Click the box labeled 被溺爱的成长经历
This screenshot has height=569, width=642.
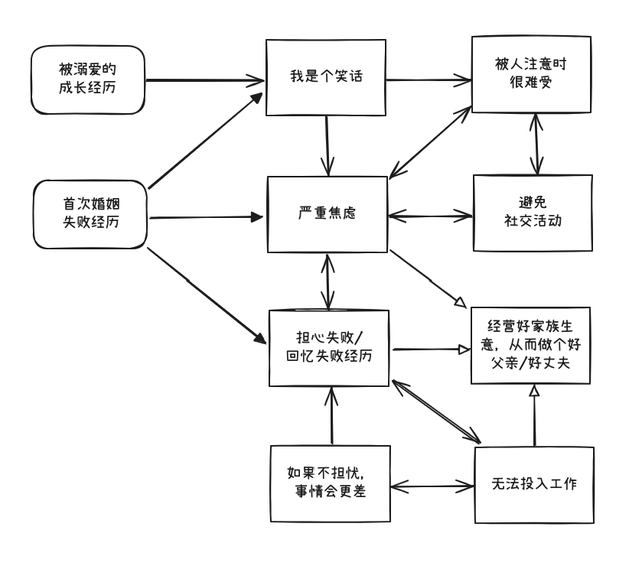tap(89, 79)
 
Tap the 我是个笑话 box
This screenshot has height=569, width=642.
tap(327, 77)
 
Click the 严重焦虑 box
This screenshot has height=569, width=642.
tap(327, 215)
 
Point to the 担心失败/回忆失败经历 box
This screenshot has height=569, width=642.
tap(330, 347)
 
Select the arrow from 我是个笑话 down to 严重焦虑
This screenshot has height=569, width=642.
tap(328, 145)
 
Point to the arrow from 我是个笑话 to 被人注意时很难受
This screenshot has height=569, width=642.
tap(429, 77)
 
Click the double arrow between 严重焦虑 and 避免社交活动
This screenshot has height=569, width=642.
tap(431, 215)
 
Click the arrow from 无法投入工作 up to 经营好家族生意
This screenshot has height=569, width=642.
tap(534, 416)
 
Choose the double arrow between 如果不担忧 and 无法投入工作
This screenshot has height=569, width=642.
tap(431, 485)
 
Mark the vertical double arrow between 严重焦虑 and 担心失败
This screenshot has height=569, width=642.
tap(329, 281)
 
